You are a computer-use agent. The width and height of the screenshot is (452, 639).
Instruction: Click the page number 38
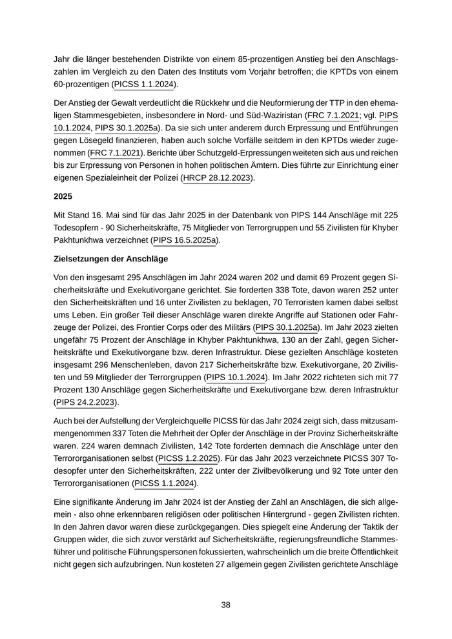(226, 605)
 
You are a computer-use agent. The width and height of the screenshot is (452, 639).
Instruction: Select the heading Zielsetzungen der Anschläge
(110, 259)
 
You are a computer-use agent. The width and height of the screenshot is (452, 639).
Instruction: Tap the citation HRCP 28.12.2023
(217, 178)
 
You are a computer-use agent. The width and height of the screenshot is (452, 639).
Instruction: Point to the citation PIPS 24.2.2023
(85, 402)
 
